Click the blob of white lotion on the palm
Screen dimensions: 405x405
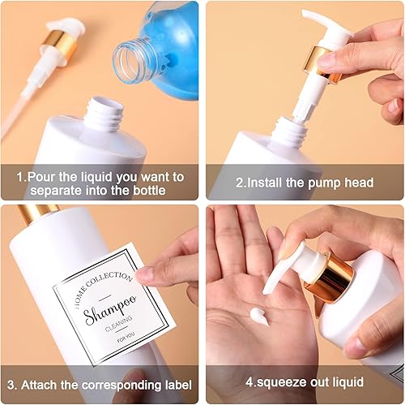[x=259, y=316]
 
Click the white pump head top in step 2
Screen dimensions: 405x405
[x=324, y=24]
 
